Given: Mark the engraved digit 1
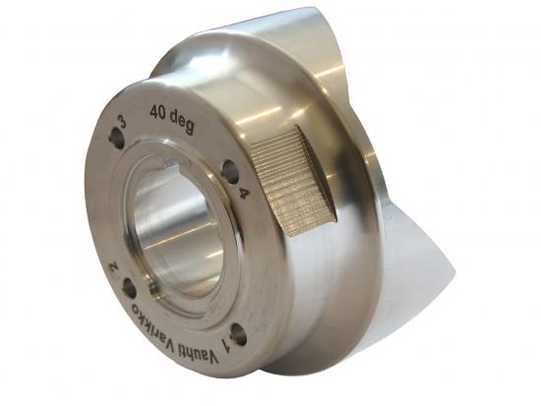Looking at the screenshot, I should (x=229, y=341).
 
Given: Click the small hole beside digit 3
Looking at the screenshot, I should (x=117, y=141).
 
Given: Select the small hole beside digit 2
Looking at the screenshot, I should (x=129, y=288).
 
